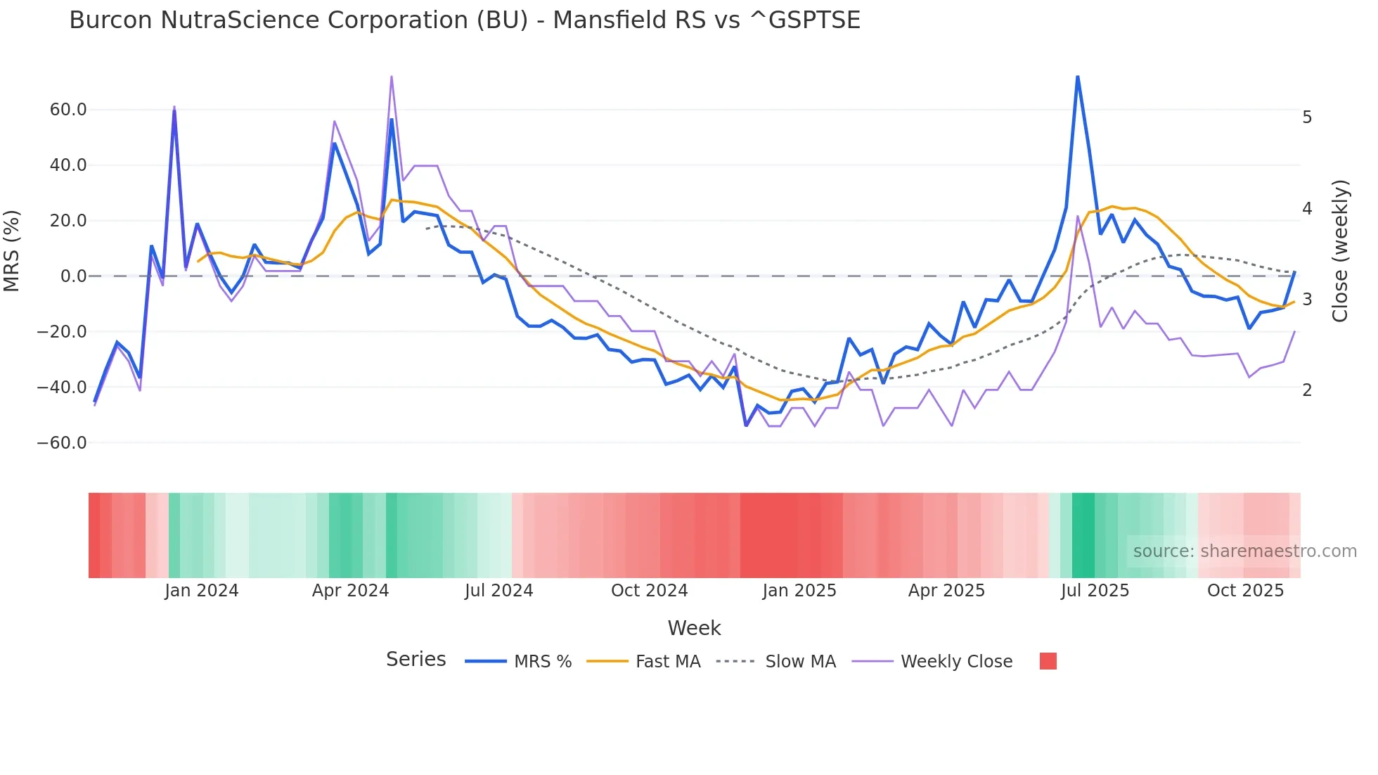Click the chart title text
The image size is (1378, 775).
click(x=464, y=20)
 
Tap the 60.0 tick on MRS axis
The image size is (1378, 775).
click(x=68, y=110)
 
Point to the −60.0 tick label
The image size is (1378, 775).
click(x=62, y=443)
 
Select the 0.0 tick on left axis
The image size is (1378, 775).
click(x=73, y=276)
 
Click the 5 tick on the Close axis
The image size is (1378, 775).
click(x=1307, y=117)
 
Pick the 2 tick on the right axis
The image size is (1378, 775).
click(x=1307, y=390)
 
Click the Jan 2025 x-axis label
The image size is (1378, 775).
click(x=799, y=591)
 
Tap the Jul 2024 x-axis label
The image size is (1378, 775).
click(x=498, y=591)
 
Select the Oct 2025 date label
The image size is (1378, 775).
click(x=1245, y=591)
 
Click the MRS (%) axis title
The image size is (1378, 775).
click(x=12, y=250)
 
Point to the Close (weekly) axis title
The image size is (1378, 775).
click(x=1340, y=251)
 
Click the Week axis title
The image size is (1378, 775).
click(x=694, y=628)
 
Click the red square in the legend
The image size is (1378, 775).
click(x=1048, y=661)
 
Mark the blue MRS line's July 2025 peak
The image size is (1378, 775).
click(x=1077, y=77)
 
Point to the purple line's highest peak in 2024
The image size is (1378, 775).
click(x=391, y=77)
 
